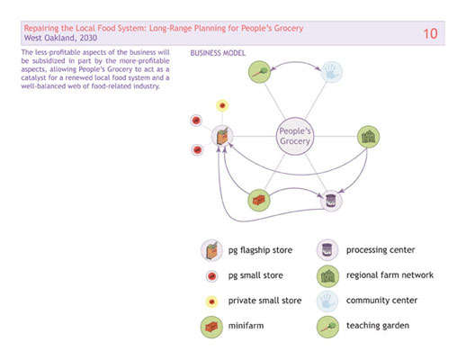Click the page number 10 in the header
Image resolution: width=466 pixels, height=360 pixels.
(430, 33)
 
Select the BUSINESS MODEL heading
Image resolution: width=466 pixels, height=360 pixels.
(218, 53)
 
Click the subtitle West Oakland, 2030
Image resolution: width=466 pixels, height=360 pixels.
(60, 38)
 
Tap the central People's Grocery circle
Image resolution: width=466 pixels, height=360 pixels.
(295, 136)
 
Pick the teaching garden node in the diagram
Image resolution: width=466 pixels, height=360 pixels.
(260, 72)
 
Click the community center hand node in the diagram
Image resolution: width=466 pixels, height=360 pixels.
(332, 72)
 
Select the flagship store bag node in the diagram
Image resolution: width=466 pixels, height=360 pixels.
(222, 136)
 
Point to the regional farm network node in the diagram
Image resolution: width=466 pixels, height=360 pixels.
(369, 137)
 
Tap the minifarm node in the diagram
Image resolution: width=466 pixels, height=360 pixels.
(259, 201)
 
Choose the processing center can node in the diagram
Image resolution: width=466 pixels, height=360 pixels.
(331, 201)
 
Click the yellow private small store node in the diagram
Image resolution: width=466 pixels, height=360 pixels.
(222, 105)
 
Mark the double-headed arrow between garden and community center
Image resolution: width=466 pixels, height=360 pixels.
(296, 62)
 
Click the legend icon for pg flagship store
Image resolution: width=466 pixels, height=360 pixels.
(211, 250)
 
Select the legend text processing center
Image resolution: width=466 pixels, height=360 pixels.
(381, 250)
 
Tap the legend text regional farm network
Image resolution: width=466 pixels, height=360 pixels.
(390, 275)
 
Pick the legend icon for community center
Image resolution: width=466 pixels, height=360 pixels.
(327, 301)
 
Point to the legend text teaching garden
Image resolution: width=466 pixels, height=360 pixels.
(378, 326)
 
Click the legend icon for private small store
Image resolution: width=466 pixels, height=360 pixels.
(211, 301)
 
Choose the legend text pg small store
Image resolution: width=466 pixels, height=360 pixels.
(255, 275)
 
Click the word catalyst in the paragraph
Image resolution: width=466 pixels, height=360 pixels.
(33, 77)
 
